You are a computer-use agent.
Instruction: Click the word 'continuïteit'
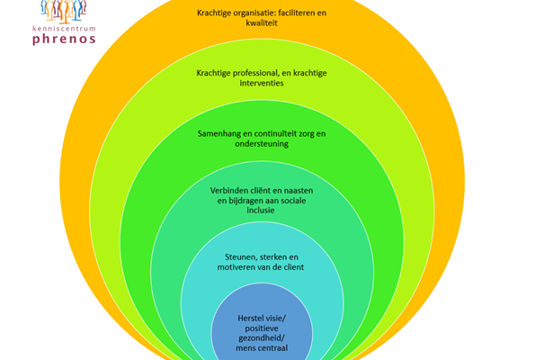(290, 133)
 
